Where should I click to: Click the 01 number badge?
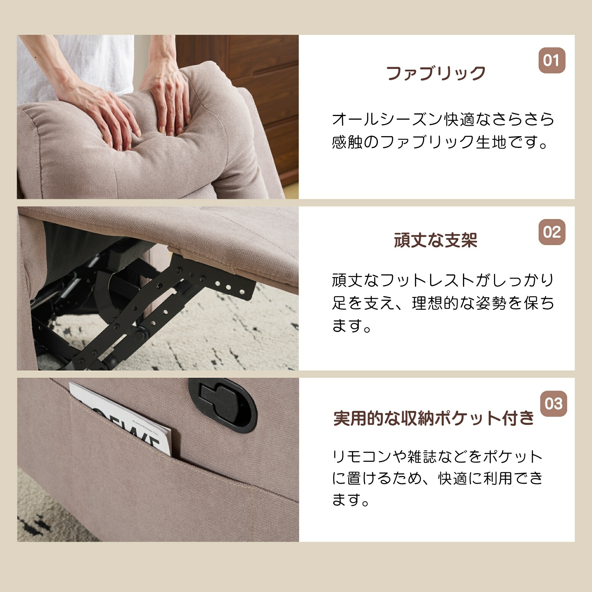tap(552, 60)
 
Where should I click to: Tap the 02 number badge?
tap(552, 232)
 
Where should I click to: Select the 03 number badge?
tap(554, 404)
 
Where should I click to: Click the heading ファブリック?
tap(436, 73)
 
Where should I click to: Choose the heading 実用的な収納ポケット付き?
tap(434, 418)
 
